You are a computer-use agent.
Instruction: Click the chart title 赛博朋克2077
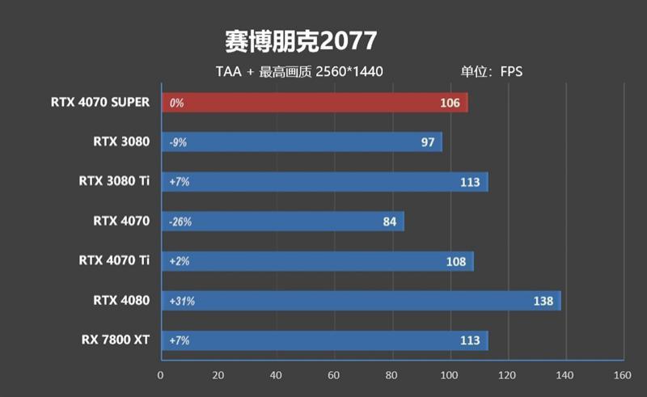pos(301,40)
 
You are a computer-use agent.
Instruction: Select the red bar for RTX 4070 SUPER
pos(315,103)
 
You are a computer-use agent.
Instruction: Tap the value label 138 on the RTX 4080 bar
pos(543,301)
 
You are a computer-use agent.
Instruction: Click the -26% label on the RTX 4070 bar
pos(181,222)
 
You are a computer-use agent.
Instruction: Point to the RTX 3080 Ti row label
pos(114,181)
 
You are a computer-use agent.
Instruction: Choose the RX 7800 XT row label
pos(116,340)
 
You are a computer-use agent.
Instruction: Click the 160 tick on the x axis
pos(622,375)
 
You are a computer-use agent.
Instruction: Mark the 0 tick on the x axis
pos(161,375)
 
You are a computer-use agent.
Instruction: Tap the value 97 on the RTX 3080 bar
pos(428,142)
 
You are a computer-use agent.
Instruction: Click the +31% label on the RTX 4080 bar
pos(182,301)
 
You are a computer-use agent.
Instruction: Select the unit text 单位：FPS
pos(492,71)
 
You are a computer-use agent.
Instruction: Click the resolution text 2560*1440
pos(349,71)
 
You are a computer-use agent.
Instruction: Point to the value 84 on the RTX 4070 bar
pos(389,222)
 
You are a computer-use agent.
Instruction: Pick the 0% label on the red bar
pos(176,103)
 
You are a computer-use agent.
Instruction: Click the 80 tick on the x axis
pos(391,375)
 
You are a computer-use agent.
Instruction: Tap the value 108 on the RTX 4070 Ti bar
pos(456,261)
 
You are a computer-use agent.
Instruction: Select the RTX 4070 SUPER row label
pos(100,102)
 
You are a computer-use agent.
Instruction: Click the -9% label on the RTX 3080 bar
pos(179,142)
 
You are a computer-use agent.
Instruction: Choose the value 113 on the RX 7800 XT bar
pos(470,340)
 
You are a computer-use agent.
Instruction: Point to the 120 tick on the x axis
pos(506,375)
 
